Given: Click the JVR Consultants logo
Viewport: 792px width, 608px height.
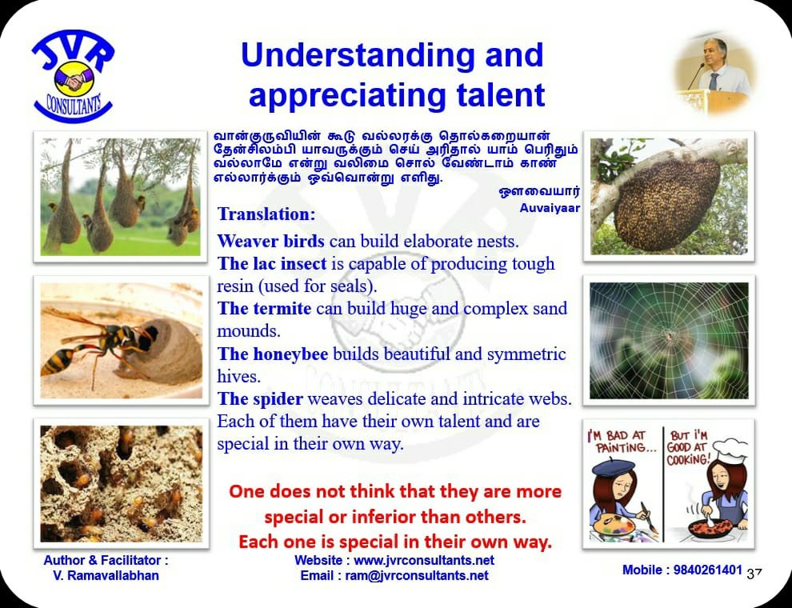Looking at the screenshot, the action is [74, 76].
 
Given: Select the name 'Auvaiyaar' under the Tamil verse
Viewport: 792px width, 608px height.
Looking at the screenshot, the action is [550, 208].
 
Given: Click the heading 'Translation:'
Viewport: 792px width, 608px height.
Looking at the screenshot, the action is [266, 214].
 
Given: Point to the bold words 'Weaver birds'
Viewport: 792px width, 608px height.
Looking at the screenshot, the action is [270, 241].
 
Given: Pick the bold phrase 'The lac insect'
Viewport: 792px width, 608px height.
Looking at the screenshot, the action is [272, 263].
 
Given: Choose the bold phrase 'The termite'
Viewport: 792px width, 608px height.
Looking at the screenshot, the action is [264, 308].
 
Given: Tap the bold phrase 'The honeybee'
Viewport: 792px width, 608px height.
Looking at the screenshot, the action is [273, 354].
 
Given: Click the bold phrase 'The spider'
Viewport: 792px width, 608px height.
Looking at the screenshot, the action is [260, 399].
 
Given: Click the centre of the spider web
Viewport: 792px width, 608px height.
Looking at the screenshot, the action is [669, 334].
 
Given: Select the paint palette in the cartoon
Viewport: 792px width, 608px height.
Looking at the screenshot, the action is [614, 526].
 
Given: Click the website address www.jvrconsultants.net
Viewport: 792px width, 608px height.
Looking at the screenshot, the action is [424, 560].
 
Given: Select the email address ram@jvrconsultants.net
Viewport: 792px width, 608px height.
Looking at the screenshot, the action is [417, 575].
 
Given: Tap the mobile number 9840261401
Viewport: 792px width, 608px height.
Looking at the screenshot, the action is [708, 570].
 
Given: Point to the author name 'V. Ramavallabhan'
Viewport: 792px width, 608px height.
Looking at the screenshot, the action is [106, 575].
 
